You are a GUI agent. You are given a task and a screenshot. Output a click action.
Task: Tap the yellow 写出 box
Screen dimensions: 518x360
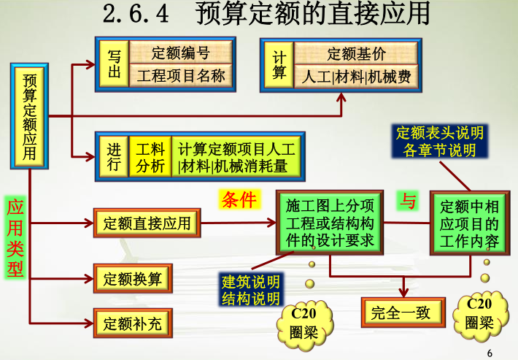click(x=114, y=64)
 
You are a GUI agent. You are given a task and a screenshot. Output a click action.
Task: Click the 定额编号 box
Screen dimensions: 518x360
click(x=180, y=53)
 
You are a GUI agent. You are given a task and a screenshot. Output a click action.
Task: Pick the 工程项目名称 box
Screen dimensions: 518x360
click(x=180, y=74)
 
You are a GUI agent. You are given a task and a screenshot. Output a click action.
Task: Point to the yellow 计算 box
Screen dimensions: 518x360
click(x=279, y=64)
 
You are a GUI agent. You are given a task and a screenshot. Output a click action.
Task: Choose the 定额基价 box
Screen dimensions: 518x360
click(x=356, y=54)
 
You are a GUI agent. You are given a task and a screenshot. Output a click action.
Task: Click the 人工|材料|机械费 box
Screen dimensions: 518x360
click(x=356, y=76)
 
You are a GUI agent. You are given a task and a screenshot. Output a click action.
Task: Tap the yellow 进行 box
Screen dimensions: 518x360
click(x=113, y=157)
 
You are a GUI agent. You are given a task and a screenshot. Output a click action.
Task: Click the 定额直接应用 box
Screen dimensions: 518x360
click(x=147, y=223)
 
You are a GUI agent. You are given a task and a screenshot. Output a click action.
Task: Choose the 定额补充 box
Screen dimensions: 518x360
click(x=133, y=321)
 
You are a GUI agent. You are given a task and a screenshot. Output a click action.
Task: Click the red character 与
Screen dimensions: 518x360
click(x=409, y=201)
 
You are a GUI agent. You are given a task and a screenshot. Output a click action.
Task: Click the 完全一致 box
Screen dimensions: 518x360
click(x=401, y=313)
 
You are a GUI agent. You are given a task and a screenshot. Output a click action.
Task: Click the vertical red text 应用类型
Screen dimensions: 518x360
click(x=15, y=238)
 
